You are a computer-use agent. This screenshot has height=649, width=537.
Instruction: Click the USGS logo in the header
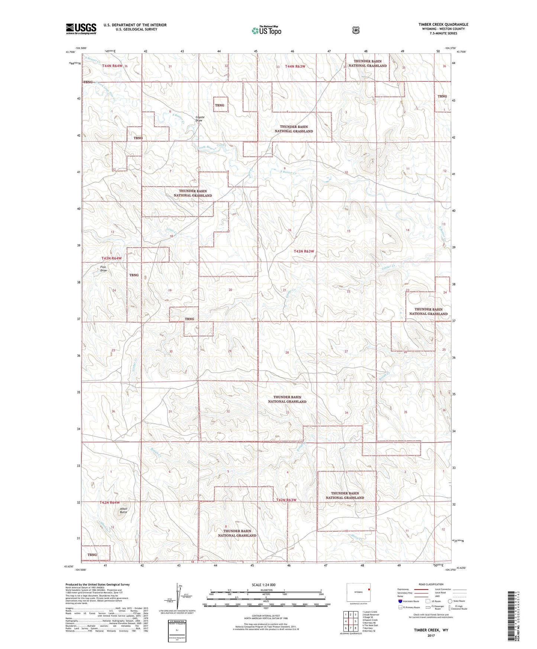pos(81,29)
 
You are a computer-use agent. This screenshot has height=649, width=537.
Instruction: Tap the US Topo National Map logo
pos(266,30)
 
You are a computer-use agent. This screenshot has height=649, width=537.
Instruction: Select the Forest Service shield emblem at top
pos(356,30)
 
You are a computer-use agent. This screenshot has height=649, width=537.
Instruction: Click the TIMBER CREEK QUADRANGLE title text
pos(443,25)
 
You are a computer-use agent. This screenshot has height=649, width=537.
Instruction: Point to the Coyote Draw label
pos(200,119)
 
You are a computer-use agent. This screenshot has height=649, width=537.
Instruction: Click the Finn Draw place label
pos(103,269)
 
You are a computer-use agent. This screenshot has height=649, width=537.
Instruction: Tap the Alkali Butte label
pos(123,510)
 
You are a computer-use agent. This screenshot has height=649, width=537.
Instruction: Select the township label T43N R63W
pos(304,251)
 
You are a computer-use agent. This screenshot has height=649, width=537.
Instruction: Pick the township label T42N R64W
pos(112,502)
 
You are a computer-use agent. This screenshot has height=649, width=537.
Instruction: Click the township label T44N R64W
pos(112,66)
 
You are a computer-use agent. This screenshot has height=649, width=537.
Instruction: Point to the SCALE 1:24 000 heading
pos(263,585)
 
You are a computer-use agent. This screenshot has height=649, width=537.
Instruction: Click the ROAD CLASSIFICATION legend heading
pos(431,584)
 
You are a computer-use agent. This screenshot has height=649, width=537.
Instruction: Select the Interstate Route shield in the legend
pos(400,601)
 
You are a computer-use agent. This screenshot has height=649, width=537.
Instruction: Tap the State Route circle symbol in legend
pos(450,601)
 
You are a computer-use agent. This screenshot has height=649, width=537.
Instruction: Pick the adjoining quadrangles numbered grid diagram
pos(350,621)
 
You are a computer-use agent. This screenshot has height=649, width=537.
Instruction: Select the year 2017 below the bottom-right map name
pos(431,635)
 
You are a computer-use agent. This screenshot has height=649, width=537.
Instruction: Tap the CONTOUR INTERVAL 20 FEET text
pos(266,616)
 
